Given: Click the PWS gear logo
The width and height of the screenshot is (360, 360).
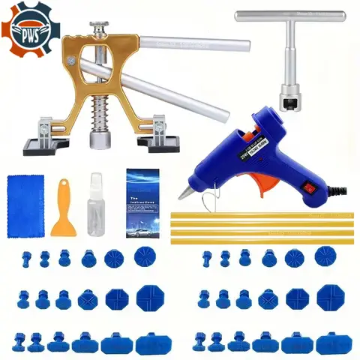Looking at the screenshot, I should [x=30, y=29].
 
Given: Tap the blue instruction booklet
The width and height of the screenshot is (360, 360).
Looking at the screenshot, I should [x=144, y=194].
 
